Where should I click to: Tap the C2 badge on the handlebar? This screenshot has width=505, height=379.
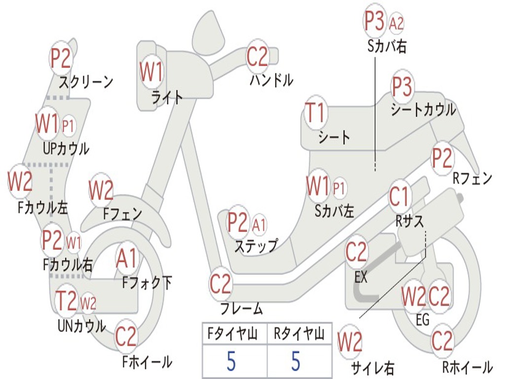point(257,57)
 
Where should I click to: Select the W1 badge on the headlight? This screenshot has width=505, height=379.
point(151,71)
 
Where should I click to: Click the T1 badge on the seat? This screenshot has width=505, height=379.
point(316,113)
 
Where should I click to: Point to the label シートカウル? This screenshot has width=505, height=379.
point(423,110)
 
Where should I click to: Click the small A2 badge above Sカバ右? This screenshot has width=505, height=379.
point(396,23)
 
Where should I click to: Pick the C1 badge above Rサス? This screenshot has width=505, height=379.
point(399,196)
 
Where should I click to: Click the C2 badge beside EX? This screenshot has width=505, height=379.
point(356,252)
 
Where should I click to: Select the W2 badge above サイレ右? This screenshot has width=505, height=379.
point(350,341)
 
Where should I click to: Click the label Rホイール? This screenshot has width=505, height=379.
point(468,367)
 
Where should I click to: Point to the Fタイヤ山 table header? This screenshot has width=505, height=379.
point(232,333)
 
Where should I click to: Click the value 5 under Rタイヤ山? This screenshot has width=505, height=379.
point(296,361)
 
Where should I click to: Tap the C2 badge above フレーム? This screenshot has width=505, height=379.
point(220,284)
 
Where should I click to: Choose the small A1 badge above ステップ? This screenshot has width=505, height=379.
point(259,225)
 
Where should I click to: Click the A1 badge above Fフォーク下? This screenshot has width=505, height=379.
point(127,258)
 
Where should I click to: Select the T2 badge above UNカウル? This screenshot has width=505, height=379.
point(67,301)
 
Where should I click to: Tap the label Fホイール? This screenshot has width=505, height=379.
point(147,362)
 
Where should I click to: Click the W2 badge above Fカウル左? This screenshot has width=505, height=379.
point(20,181)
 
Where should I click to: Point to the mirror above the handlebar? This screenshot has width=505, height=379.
point(209,32)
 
